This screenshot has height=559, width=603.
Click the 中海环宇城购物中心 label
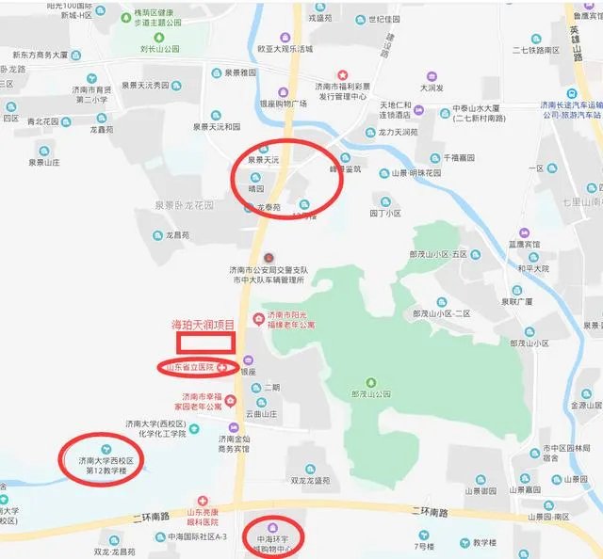pyautogui.click(x=271, y=543)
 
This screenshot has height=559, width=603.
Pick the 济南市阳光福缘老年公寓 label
pyautogui.click(x=290, y=319)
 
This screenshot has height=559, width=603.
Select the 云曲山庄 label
pyautogui.click(x=264, y=414)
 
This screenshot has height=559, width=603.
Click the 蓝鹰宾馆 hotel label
pyautogui.click(x=526, y=243)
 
